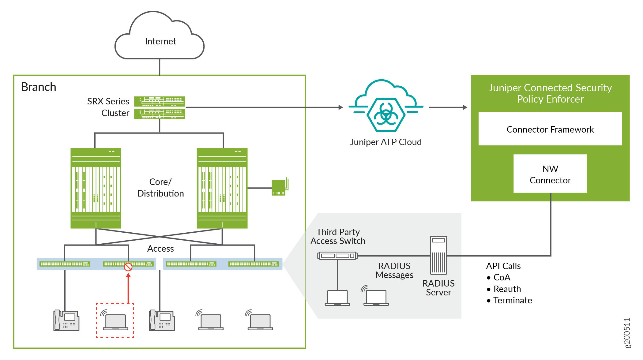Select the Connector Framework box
[x=550, y=129]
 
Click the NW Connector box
[x=550, y=174]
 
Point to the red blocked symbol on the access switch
[x=128, y=267]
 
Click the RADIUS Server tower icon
[x=438, y=255]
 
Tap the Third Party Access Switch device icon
[x=337, y=256]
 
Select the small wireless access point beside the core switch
[x=279, y=187]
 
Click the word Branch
[x=39, y=87]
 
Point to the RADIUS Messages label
[x=394, y=270]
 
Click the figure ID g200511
[x=627, y=333]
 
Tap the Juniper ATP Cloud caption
[x=386, y=142]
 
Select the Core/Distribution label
[x=160, y=188]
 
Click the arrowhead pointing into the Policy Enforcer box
[x=465, y=107]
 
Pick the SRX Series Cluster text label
[x=108, y=107]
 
